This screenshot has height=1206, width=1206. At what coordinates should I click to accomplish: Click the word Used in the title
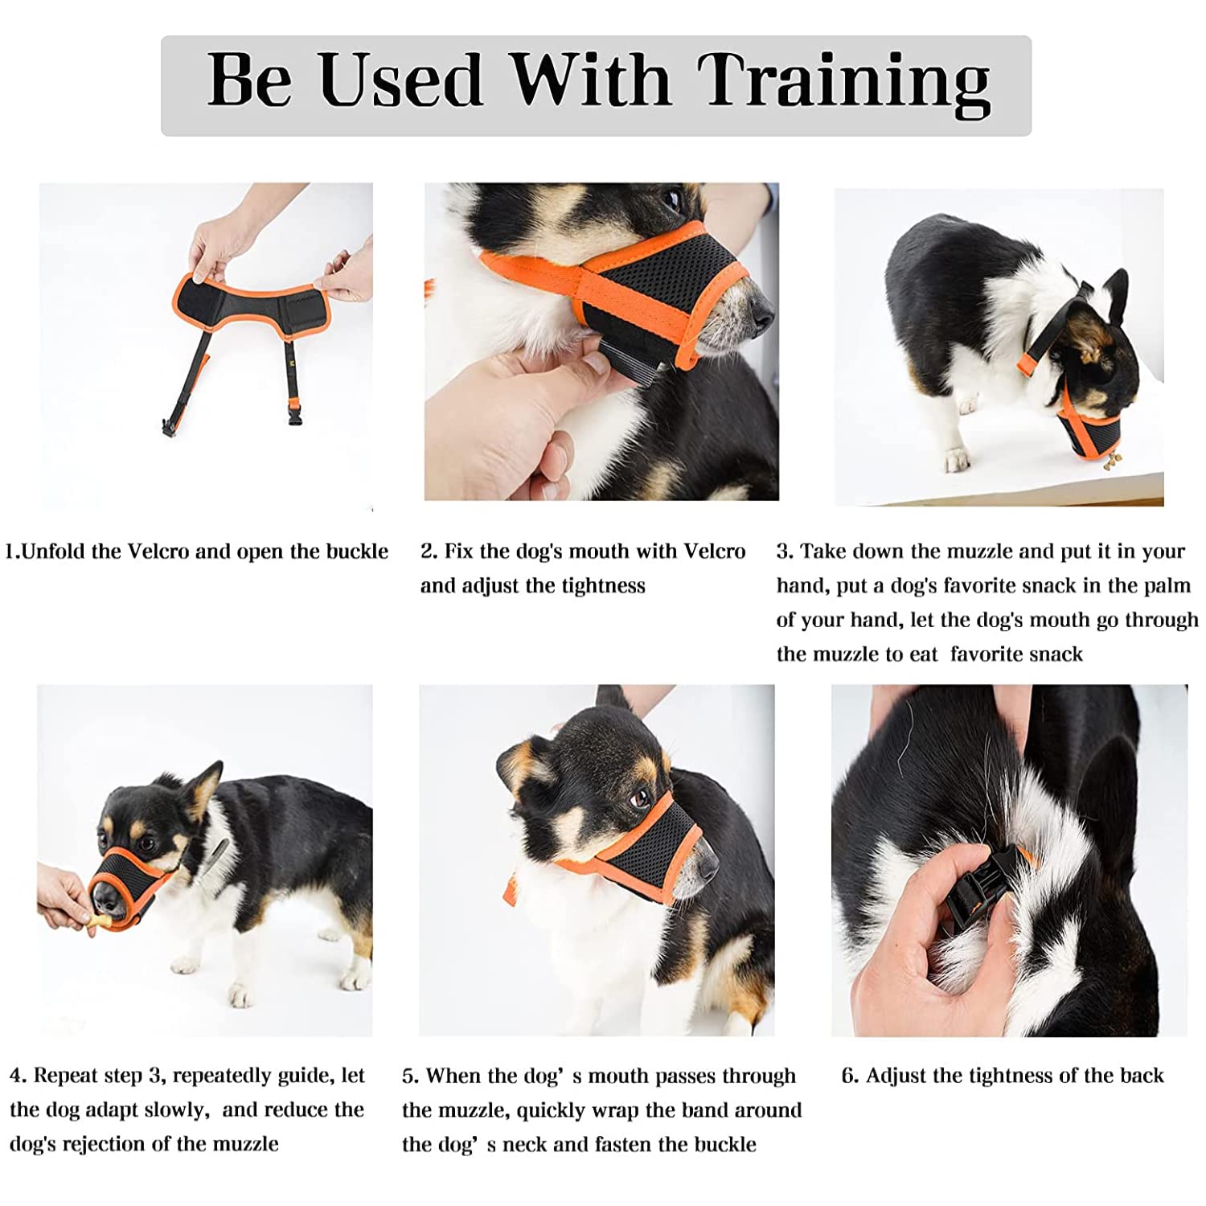click(401, 80)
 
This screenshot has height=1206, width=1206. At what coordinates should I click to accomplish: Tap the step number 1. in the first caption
click(12, 552)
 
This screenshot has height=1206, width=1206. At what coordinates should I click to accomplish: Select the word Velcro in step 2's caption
click(715, 551)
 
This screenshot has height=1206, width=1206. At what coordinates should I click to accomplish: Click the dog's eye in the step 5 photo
click(640, 799)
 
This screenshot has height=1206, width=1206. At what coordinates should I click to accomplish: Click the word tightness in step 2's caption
click(603, 586)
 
